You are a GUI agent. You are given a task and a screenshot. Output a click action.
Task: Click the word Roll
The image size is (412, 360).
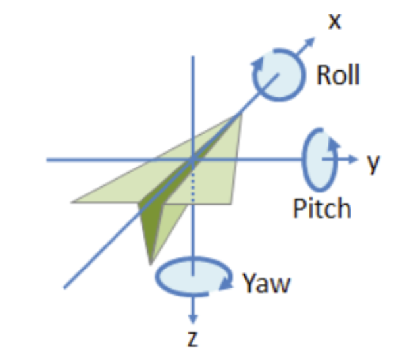[338, 75]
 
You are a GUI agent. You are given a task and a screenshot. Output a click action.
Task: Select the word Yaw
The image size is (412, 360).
[266, 284]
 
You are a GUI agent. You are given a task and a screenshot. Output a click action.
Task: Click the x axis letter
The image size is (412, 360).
[335, 22]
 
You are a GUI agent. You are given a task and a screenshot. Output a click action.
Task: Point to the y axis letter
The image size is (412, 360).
[374, 163]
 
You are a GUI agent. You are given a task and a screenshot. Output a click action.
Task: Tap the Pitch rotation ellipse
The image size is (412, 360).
[316, 159]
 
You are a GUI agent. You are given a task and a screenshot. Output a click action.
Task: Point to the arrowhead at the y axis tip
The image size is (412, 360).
[355, 159]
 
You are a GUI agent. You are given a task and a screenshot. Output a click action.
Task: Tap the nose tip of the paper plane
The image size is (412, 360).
[240, 115]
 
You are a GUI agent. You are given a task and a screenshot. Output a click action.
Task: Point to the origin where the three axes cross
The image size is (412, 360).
[192, 159]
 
